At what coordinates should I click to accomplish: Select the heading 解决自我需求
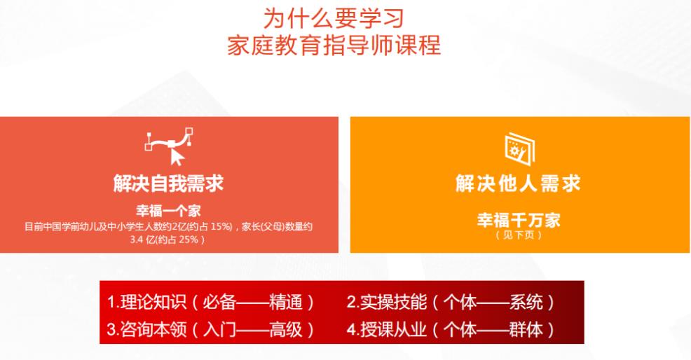pyautogui.click(x=169, y=184)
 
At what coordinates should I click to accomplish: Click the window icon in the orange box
pyautogui.click(x=519, y=146)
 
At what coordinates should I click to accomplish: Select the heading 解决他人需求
pyautogui.click(x=518, y=184)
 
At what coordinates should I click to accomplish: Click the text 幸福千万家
pyautogui.click(x=519, y=221)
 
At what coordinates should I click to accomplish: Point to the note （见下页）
pyautogui.click(x=519, y=235)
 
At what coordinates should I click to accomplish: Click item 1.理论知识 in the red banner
pyautogui.click(x=146, y=303)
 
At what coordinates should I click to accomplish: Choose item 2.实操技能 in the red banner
pyautogui.click(x=385, y=303)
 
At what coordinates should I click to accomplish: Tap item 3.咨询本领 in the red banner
pyautogui.click(x=146, y=328)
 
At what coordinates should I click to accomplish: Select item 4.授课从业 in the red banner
pyautogui.click(x=385, y=328)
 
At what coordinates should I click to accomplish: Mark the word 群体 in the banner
pyautogui.click(x=525, y=328)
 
